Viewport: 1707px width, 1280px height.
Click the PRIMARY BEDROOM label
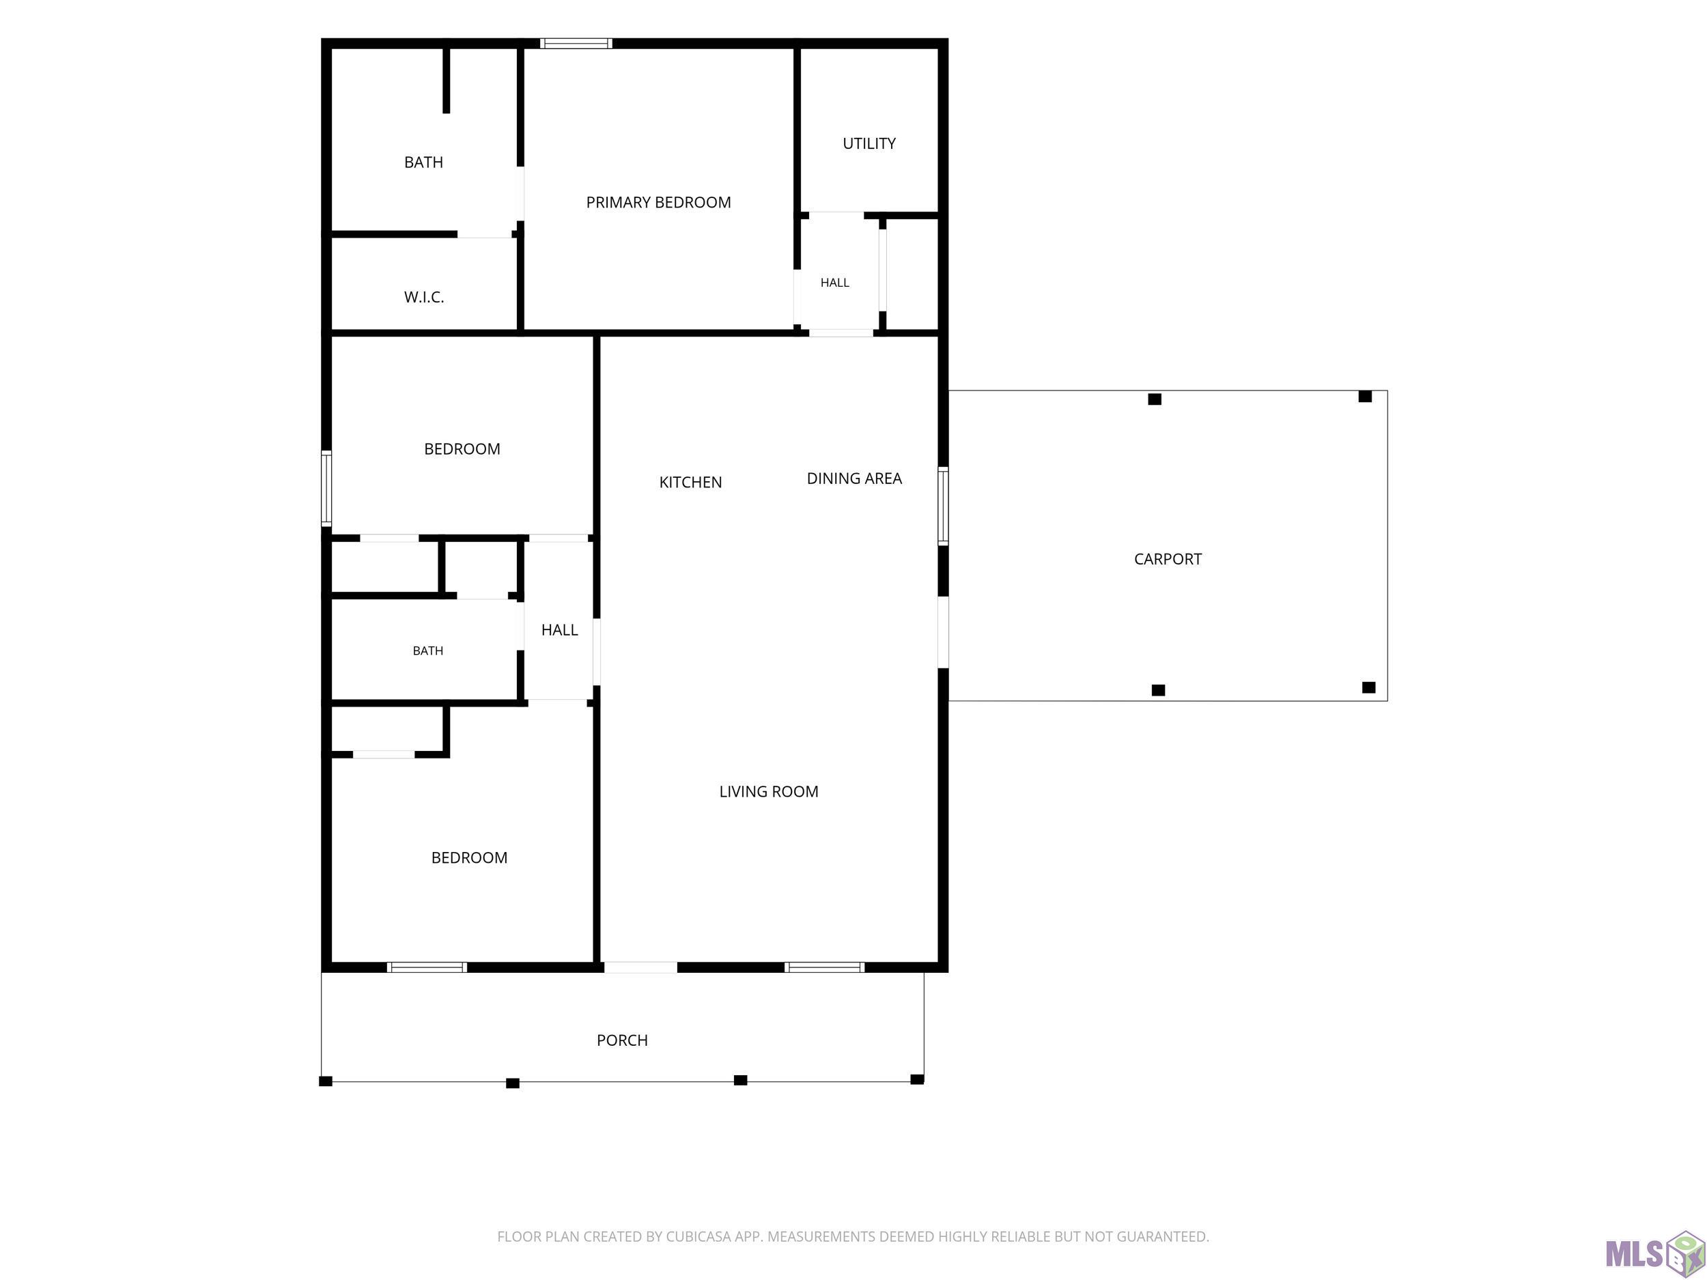click(x=658, y=202)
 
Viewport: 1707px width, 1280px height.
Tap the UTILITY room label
click(x=869, y=143)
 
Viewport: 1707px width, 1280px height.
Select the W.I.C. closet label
click(x=423, y=297)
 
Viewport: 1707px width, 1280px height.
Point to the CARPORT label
click(x=1168, y=559)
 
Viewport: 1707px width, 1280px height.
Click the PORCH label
click(x=622, y=1040)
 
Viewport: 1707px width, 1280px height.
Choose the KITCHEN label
click(x=691, y=482)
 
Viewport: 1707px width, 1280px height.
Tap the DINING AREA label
click(x=854, y=479)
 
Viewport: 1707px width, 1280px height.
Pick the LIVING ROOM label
click(x=769, y=792)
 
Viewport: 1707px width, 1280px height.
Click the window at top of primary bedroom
click(x=576, y=43)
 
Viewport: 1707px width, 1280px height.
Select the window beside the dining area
click(x=943, y=506)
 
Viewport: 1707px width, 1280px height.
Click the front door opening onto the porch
click(x=640, y=967)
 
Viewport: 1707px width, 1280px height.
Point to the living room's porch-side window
click(x=825, y=967)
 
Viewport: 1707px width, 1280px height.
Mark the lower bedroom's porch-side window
click(x=427, y=967)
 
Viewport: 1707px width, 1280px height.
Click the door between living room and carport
click(x=943, y=632)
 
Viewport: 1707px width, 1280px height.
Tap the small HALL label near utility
click(x=835, y=283)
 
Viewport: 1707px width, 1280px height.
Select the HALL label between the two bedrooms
click(x=559, y=630)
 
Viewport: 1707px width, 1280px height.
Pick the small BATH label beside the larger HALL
click(x=428, y=651)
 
